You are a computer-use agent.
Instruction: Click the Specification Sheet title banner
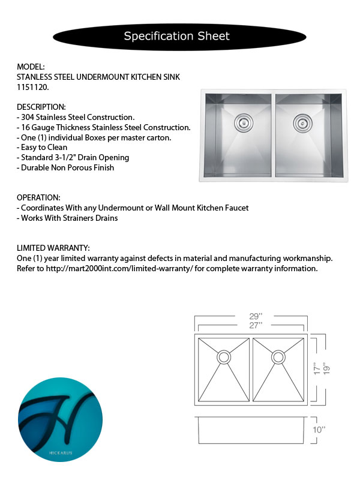click(x=176, y=36)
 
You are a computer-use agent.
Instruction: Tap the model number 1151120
click(x=32, y=87)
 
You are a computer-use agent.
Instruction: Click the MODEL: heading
click(x=31, y=67)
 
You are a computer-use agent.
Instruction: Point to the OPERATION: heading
click(x=39, y=197)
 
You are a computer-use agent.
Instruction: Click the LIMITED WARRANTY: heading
click(x=53, y=248)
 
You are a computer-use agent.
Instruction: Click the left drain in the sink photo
click(x=243, y=123)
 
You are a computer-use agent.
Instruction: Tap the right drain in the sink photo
click(x=301, y=124)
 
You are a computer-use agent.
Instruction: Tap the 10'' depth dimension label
click(x=320, y=430)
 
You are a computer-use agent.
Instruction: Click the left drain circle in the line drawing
click(x=223, y=357)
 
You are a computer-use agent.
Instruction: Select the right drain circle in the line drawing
click(x=278, y=357)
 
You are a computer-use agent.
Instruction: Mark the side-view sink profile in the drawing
click(x=252, y=430)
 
